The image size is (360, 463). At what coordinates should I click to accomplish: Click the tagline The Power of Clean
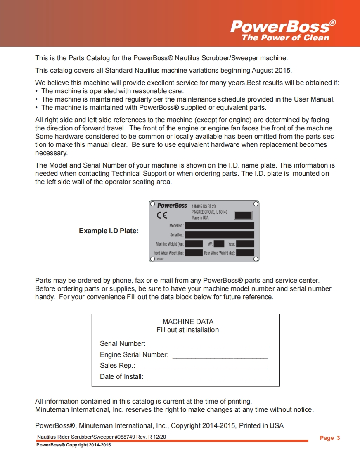click(285, 38)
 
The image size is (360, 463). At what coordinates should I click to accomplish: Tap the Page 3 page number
click(330, 438)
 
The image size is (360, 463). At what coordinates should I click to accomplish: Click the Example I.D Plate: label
click(109, 231)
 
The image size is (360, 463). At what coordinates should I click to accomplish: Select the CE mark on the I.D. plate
click(162, 215)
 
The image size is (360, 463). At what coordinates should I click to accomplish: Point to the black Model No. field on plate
click(219, 226)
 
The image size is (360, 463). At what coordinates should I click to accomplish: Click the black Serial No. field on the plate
click(219, 235)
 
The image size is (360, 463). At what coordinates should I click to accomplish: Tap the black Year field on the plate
click(245, 244)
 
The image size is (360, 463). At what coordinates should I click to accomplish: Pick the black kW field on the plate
click(219, 244)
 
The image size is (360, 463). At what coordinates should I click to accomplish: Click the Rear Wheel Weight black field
click(245, 253)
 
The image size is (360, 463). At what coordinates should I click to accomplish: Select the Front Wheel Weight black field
click(194, 253)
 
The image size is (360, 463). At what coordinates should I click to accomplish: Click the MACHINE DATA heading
click(188, 321)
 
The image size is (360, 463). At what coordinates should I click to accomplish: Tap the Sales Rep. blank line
click(202, 366)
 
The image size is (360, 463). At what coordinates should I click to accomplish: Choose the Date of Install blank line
click(208, 378)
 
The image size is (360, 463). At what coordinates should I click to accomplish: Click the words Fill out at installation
click(187, 330)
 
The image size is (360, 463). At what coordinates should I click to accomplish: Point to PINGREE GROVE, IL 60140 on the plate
click(209, 212)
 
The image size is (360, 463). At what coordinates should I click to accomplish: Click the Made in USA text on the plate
click(200, 217)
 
